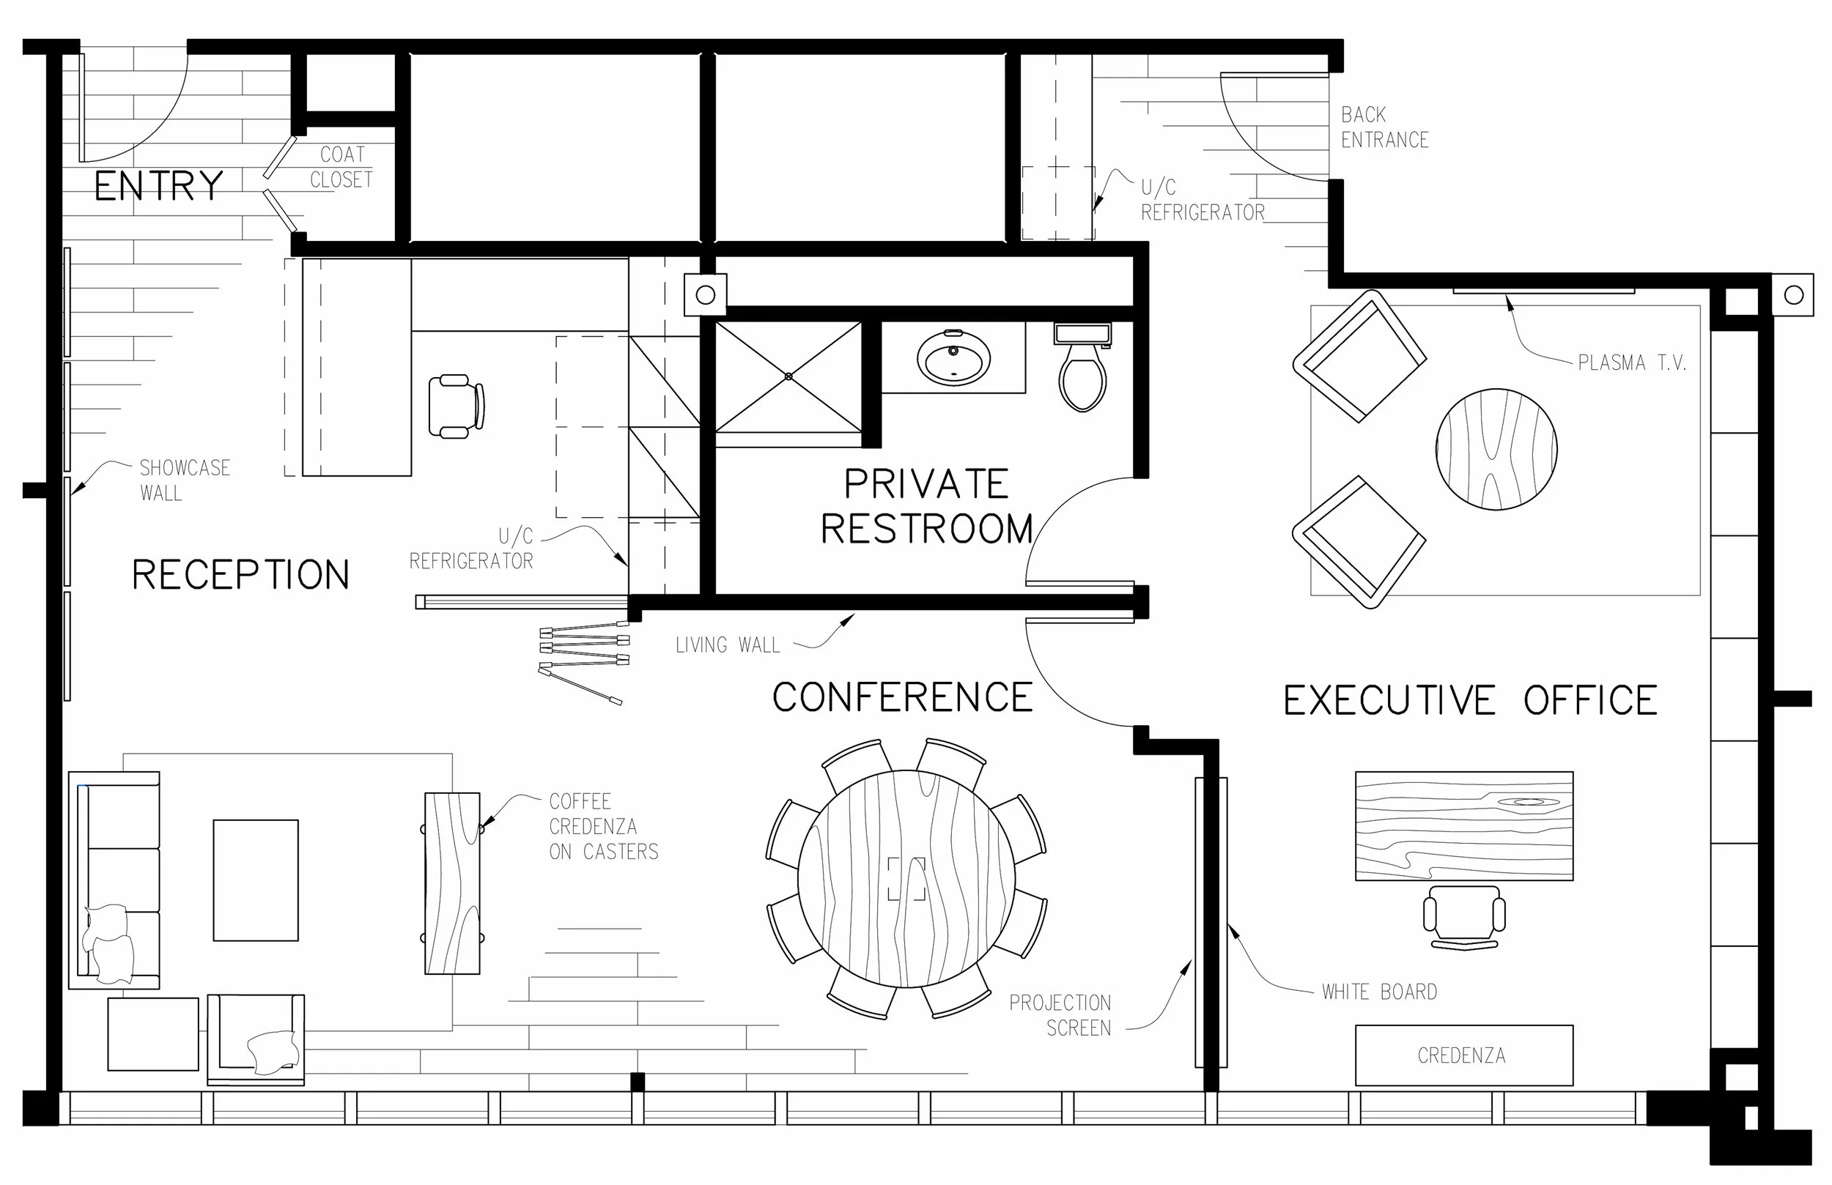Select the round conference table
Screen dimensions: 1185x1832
tap(906, 878)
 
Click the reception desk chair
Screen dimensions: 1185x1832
tap(456, 406)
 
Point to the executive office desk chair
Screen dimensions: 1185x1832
tap(1464, 916)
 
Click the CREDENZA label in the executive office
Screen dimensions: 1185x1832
tap(1461, 1055)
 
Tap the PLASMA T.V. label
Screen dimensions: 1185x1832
tap(1632, 363)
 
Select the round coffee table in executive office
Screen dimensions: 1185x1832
tap(1496, 449)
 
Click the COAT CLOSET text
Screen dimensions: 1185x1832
tap(341, 167)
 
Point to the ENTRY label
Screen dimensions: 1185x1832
tap(158, 186)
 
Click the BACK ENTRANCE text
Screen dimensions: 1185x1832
tap(1384, 127)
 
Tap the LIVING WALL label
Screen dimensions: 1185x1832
tap(728, 644)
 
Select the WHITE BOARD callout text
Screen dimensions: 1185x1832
tap(1379, 992)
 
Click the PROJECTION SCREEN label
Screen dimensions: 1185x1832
tap(1060, 1015)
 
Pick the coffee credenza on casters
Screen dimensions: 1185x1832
tap(452, 883)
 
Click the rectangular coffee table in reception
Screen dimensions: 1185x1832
tap(256, 880)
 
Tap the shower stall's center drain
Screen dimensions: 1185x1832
tap(788, 376)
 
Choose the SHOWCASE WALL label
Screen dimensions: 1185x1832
tap(184, 480)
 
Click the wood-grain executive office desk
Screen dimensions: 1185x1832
tap(1463, 825)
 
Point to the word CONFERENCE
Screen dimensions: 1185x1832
tap(902, 697)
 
